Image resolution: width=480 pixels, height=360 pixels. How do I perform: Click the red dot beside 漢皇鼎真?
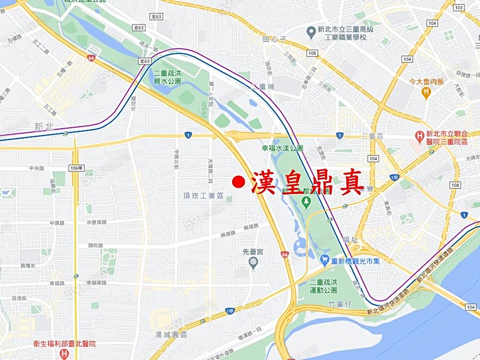pyautogui.click(x=238, y=182)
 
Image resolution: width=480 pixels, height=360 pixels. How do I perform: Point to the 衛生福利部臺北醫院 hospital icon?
pyautogui.click(x=65, y=354)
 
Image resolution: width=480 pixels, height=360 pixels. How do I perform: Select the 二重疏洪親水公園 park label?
pyautogui.click(x=167, y=77)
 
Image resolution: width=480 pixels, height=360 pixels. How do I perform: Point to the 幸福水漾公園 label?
pyautogui.click(x=282, y=149)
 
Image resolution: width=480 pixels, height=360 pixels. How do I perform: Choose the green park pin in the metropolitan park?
pyautogui.click(x=306, y=201)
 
